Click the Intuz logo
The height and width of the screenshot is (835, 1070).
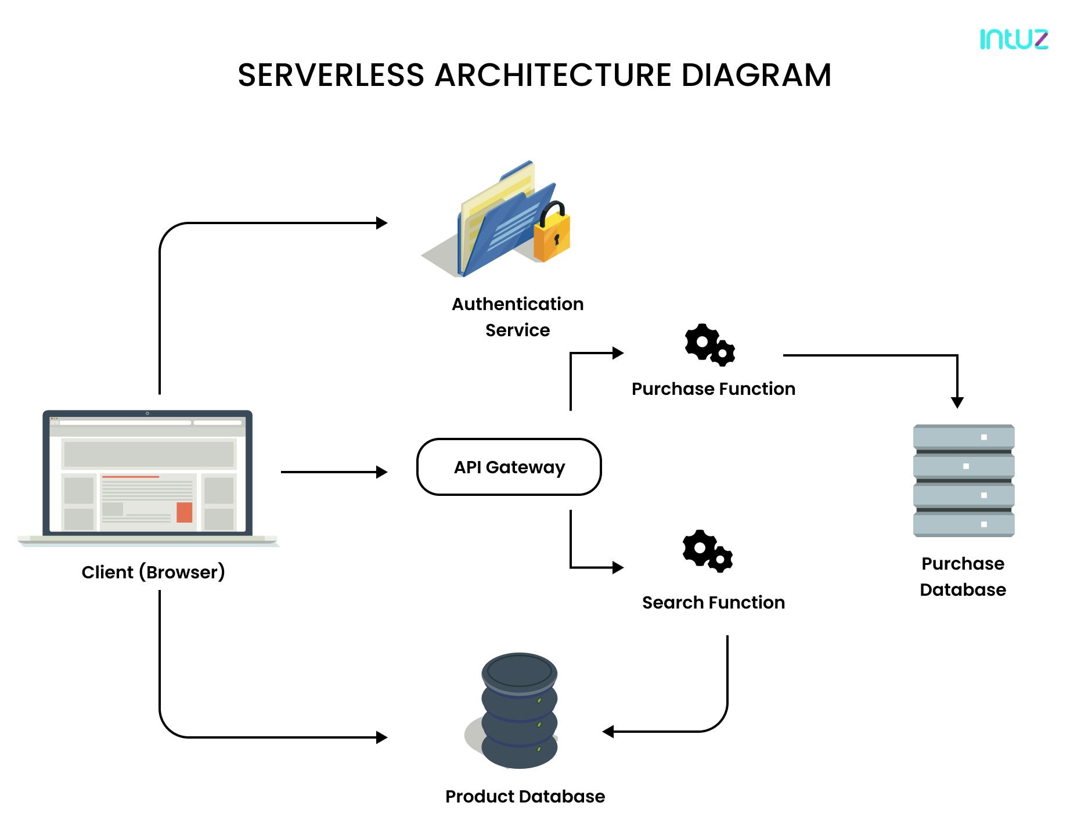(x=1014, y=39)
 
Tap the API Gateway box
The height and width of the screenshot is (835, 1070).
(x=509, y=467)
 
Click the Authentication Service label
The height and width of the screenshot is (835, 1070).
(x=517, y=316)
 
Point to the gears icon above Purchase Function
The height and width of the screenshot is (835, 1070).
(x=709, y=344)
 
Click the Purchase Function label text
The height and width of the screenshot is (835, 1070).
(x=713, y=388)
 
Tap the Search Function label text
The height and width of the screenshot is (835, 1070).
(x=713, y=602)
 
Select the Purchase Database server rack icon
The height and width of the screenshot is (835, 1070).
(x=963, y=480)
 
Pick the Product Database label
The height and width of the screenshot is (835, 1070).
(x=525, y=796)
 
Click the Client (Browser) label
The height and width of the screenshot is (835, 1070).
(x=153, y=572)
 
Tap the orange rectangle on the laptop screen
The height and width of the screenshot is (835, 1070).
(x=184, y=512)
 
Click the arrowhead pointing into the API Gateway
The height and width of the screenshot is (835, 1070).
(x=381, y=472)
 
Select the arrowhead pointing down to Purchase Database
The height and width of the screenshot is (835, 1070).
(x=957, y=402)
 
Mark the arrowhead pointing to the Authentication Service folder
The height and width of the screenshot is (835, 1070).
(x=381, y=223)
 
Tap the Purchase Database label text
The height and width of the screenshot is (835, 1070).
(x=963, y=576)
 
